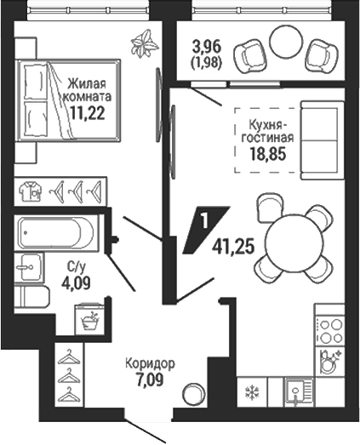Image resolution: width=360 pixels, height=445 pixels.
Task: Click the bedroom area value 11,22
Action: click(88, 113)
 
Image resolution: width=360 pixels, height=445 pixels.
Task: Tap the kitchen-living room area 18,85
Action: click(268, 154)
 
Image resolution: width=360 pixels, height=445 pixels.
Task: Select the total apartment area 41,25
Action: click(233, 247)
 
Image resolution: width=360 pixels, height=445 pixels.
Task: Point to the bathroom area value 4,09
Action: click(76, 282)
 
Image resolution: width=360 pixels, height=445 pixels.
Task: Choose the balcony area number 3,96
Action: click(207, 47)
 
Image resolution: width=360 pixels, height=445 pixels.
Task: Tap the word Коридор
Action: click(150, 364)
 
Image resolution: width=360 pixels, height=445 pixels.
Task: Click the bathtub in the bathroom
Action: click(56, 233)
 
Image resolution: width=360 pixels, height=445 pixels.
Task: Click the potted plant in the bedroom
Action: click(144, 44)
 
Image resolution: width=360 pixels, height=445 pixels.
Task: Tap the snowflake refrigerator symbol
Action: click(253, 392)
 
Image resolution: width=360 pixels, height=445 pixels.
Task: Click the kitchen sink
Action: click(298, 392)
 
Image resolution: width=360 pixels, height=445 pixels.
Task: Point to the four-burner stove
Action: click(329, 331)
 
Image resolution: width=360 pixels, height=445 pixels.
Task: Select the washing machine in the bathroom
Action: click(90, 319)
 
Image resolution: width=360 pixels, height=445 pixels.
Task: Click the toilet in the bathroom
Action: click(31, 297)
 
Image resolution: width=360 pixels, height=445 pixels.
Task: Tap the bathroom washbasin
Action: click(29, 267)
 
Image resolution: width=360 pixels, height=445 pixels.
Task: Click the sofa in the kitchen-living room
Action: click(323, 140)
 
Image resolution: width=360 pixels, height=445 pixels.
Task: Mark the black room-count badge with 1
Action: click(206, 230)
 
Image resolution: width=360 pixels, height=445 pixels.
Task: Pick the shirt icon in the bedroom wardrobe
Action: click(30, 191)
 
